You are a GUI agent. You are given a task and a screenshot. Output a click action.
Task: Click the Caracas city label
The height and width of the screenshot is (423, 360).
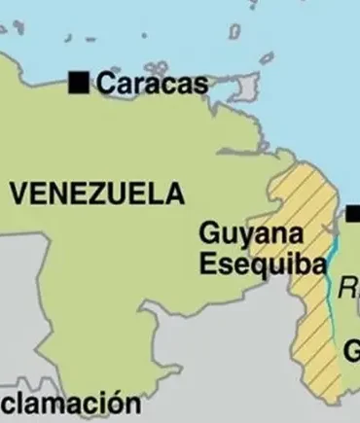[152, 84]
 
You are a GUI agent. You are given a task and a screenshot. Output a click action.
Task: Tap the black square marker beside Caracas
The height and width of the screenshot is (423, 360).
[79, 83]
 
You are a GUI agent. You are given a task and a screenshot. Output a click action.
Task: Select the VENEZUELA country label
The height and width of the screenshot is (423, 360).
[97, 194]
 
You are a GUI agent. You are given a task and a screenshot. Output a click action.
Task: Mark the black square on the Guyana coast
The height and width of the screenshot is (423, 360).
[354, 214]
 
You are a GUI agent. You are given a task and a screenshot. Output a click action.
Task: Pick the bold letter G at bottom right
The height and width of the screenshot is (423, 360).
[352, 350]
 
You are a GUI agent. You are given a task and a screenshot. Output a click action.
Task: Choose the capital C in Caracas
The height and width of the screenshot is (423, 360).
[104, 84]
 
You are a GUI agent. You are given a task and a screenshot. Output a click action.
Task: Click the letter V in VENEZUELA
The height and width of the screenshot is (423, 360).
[18, 194]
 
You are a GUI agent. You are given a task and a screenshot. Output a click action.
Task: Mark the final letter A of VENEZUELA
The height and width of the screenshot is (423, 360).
[173, 194]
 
